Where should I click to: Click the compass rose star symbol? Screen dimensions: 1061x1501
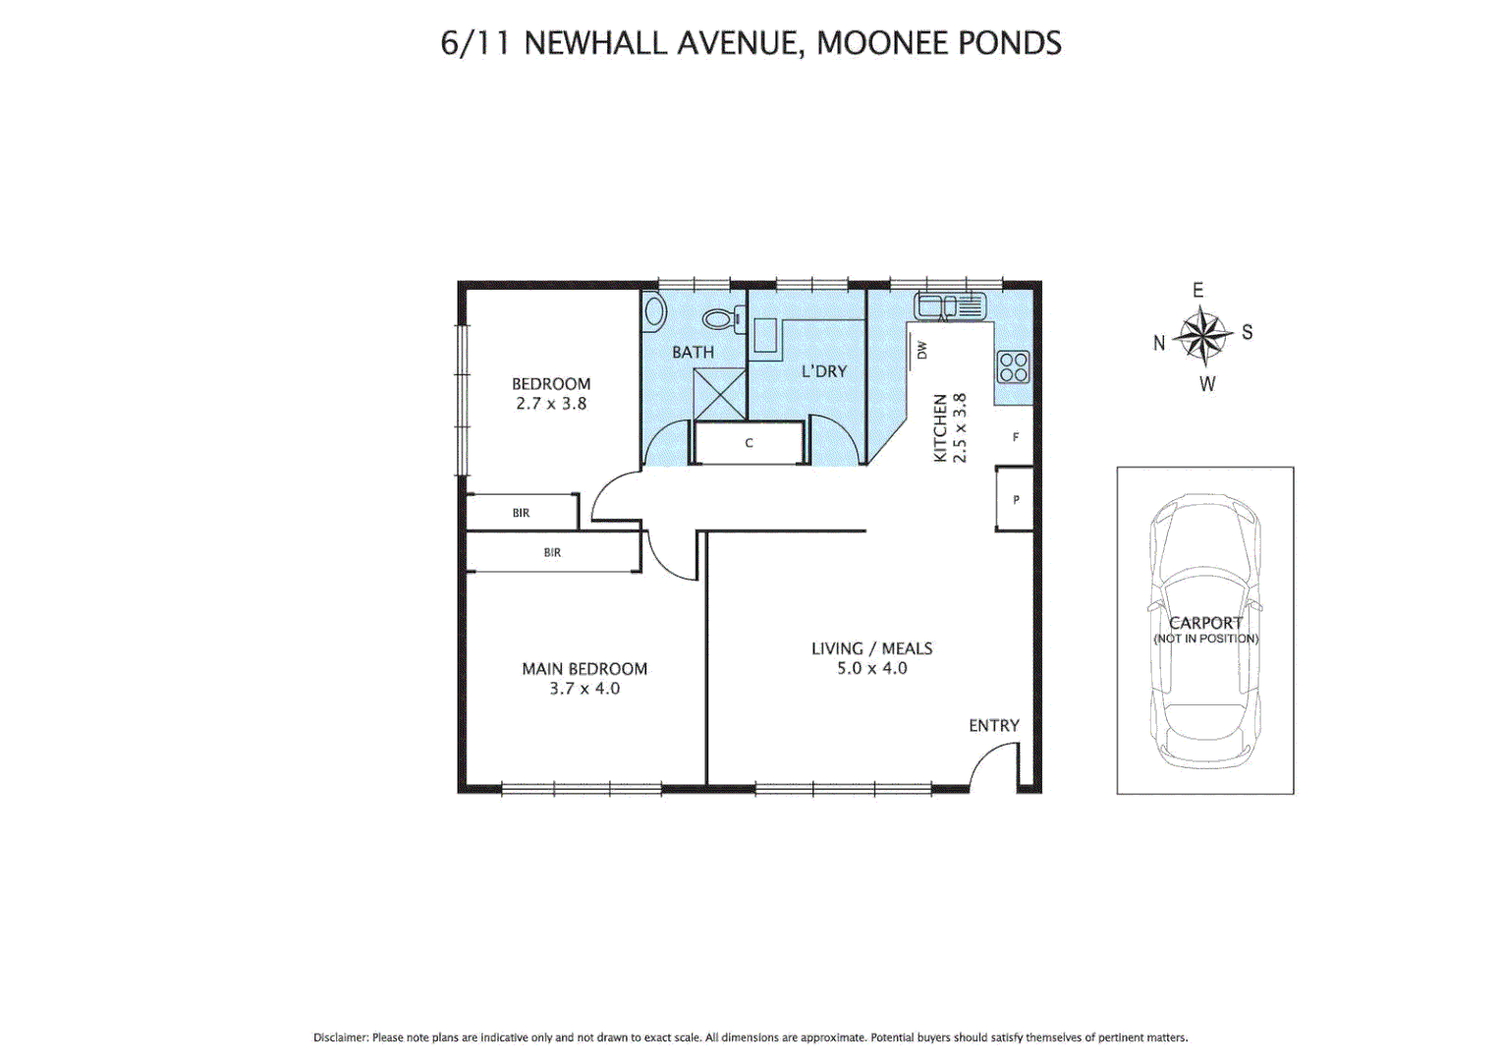[x=1202, y=336]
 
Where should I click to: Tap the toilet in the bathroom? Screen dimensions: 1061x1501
[x=721, y=318]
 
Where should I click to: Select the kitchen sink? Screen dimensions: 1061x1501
[x=950, y=307]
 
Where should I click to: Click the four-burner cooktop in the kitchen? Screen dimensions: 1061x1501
[x=1013, y=366]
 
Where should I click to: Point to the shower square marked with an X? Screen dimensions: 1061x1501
[x=719, y=394]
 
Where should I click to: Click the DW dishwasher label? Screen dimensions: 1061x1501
[x=921, y=349]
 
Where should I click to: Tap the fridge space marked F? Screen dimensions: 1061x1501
[x=1015, y=437]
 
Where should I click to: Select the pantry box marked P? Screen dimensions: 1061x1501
[x=1015, y=499]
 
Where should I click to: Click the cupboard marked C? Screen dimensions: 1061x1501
[x=749, y=443]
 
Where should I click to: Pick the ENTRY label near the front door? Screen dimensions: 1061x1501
[x=993, y=725]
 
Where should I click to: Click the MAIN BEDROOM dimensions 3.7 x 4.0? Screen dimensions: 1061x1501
[x=584, y=689]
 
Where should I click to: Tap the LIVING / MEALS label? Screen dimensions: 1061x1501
[x=871, y=648]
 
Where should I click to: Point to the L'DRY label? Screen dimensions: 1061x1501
[x=823, y=371]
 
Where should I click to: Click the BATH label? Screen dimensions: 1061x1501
[x=693, y=352]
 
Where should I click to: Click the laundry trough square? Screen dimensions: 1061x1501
[x=764, y=335]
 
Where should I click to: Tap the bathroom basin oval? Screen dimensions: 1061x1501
[x=654, y=311]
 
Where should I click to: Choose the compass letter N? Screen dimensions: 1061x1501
[x=1159, y=343]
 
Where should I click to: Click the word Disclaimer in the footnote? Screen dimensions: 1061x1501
[x=340, y=1037]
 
